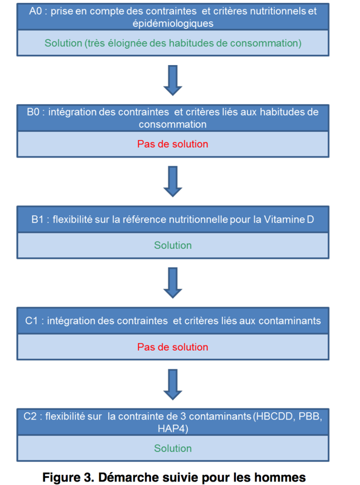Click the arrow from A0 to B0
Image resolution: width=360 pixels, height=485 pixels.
(x=173, y=80)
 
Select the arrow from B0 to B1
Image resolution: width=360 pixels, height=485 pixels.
(x=173, y=182)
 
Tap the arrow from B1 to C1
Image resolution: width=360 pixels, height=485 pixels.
(x=173, y=283)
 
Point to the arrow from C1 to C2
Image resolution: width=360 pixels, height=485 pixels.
(x=173, y=384)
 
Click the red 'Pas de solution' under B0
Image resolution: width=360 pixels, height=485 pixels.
(x=173, y=144)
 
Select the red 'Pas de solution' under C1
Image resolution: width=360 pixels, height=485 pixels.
(x=173, y=347)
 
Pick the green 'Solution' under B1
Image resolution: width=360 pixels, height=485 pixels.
(x=173, y=245)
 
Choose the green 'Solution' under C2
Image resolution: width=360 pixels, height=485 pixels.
(x=173, y=448)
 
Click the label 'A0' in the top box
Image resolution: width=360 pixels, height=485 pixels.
(x=35, y=11)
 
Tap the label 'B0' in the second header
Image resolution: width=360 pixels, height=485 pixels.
(x=33, y=112)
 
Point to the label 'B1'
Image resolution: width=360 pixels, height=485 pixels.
(x=37, y=219)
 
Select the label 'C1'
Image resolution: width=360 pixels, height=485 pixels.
(x=32, y=321)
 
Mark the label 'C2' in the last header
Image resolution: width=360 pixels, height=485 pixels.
(x=30, y=416)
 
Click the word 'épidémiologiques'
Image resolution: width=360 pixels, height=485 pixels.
(x=173, y=23)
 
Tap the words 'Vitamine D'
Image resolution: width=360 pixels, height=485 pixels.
(x=289, y=219)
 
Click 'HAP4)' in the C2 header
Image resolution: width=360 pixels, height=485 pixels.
(x=173, y=429)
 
